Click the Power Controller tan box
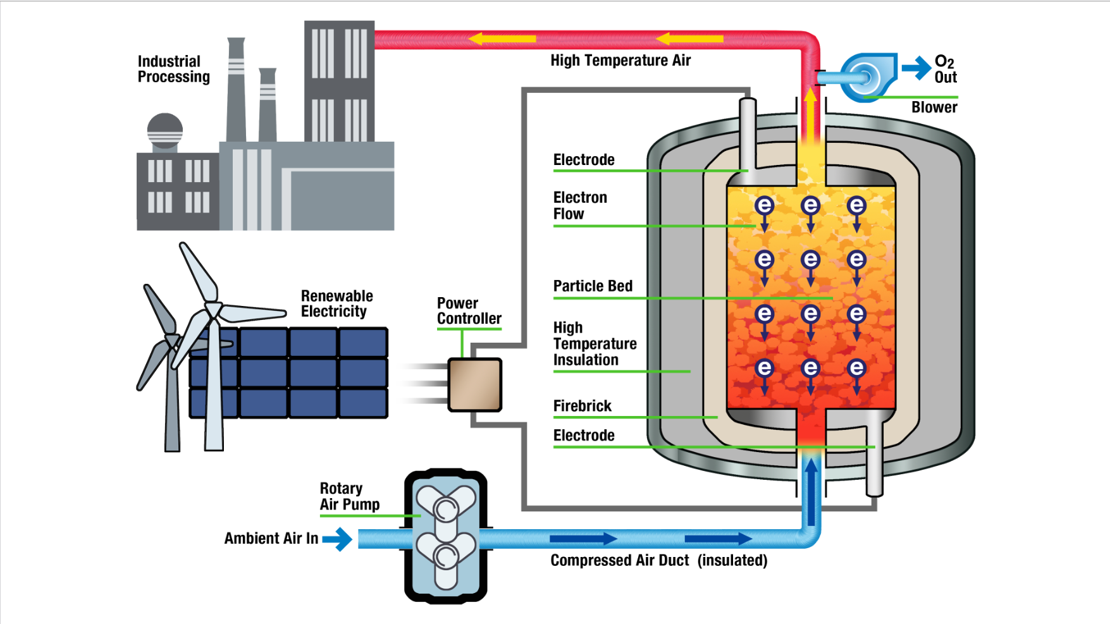(x=474, y=384)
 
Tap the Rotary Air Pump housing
(x=445, y=536)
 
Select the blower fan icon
(x=868, y=78)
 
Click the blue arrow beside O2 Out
(x=916, y=68)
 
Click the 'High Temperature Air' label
(x=620, y=61)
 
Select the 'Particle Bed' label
(x=593, y=286)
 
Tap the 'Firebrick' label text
(x=582, y=406)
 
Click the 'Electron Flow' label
(x=579, y=206)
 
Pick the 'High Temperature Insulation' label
(x=595, y=344)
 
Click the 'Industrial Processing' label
(x=173, y=69)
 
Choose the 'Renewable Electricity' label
(x=336, y=303)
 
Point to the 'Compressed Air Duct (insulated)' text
(x=658, y=561)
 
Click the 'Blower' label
(x=934, y=107)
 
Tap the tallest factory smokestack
(x=236, y=89)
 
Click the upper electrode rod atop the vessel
(x=748, y=133)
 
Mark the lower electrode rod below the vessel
(x=874, y=455)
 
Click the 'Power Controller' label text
(x=469, y=311)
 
